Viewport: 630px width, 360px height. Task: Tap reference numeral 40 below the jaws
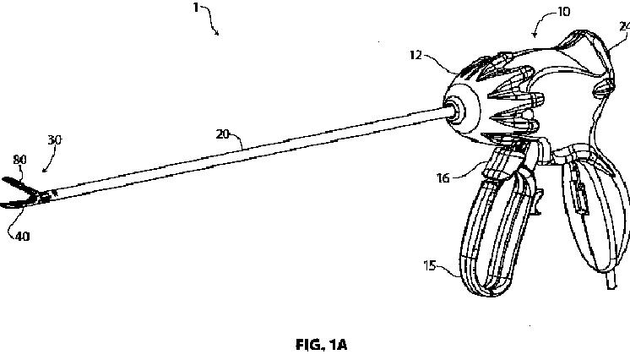pos(22,237)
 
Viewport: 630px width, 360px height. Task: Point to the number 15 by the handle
pos(432,265)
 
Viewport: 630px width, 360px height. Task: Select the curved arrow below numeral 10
pos(540,30)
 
